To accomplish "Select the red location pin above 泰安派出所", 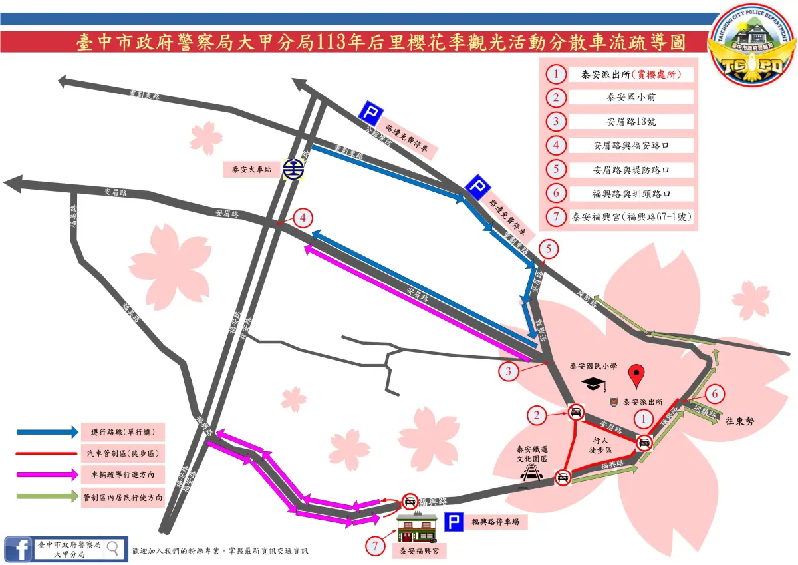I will pyautogui.click(x=638, y=376).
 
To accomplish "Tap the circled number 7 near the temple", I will pyautogui.click(x=375, y=546).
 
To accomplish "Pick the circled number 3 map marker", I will pyautogui.click(x=509, y=371).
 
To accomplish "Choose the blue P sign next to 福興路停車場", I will pyautogui.click(x=454, y=523).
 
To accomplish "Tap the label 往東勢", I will pyautogui.click(x=740, y=420).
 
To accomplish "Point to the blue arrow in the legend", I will pyautogui.click(x=47, y=431).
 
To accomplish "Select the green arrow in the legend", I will pyautogui.click(x=47, y=496).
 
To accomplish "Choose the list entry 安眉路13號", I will pyautogui.click(x=631, y=122).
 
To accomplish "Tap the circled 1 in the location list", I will pyautogui.click(x=555, y=74).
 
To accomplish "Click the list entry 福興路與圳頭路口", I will pyautogui.click(x=631, y=194).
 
